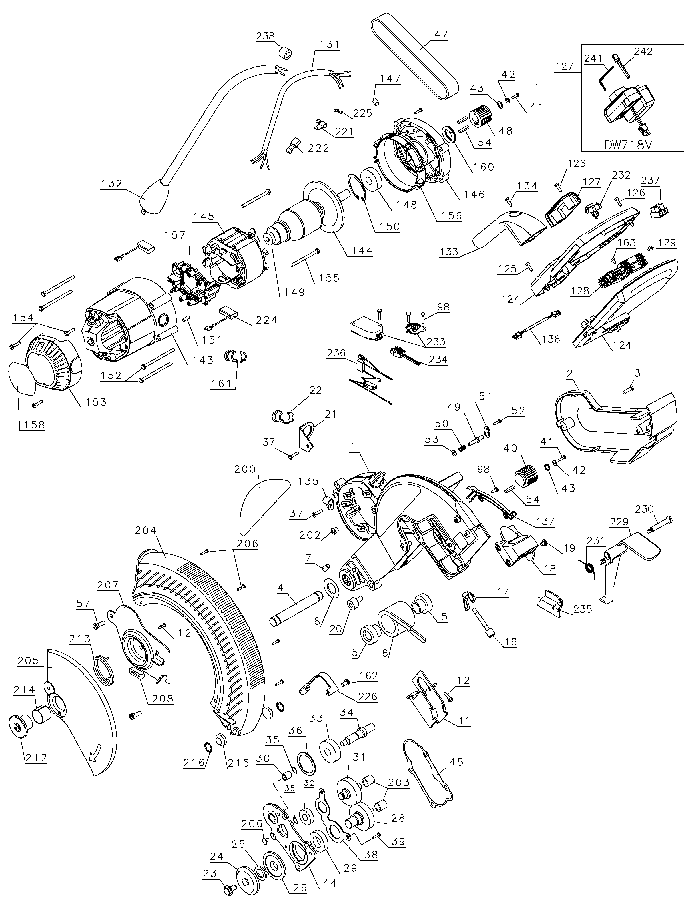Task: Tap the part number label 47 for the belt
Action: tap(440, 35)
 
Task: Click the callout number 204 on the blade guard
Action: tap(145, 530)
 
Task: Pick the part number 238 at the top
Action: tap(266, 36)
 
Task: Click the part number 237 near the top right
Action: tap(650, 180)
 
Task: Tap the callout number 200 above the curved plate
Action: tap(245, 469)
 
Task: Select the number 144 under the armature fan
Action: tap(362, 250)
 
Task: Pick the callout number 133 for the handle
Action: tap(449, 252)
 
